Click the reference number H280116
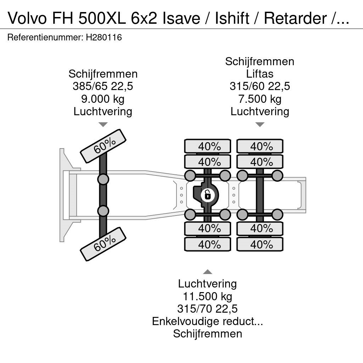click(104, 37)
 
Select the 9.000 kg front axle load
click(103, 99)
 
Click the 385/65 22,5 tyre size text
click(103, 86)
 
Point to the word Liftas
click(259, 74)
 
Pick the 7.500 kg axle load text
click(260, 99)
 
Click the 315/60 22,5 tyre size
click(260, 86)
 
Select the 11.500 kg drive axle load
click(207, 296)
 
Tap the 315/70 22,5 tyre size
click(207, 309)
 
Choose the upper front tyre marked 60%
click(103, 146)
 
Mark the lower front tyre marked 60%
click(103, 244)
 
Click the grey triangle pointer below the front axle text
click(103, 124)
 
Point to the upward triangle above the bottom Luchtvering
click(207, 272)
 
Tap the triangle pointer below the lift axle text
click(260, 124)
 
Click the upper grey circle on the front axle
click(103, 179)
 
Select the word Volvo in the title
click(28, 18)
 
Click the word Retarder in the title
click(295, 18)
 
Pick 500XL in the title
click(102, 18)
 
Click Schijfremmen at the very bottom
click(207, 334)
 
